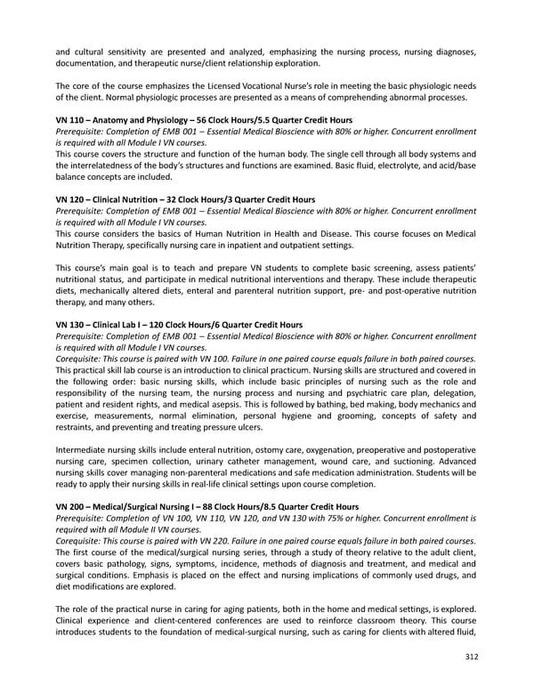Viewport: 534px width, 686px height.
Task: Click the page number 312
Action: [472, 658]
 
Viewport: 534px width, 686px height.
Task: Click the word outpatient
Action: [312, 246]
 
